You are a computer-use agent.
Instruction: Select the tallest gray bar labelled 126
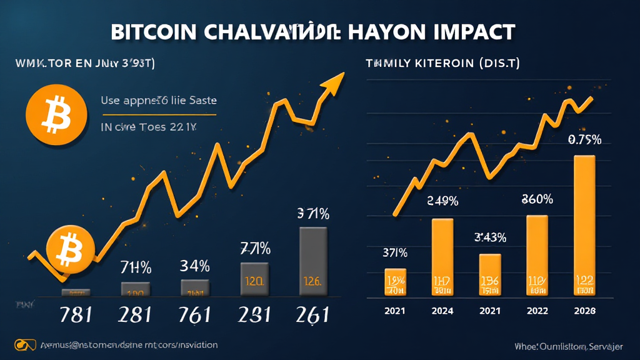coord(313,261)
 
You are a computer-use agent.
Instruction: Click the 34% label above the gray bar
coord(194,266)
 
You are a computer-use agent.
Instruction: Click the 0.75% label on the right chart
coord(584,140)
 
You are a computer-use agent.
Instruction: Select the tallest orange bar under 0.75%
coord(584,225)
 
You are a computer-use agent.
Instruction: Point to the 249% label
coord(442,201)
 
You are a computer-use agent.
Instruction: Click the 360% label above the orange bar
coord(536,200)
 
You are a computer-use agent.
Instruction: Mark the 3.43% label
coord(489,238)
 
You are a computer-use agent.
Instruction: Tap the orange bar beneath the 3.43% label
coord(489,274)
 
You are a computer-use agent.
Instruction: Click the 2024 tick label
coord(442,311)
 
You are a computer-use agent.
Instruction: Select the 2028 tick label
coord(584,311)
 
